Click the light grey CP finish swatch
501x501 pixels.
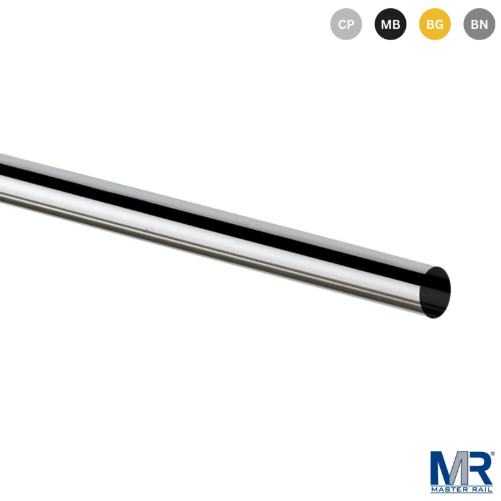tap(346, 25)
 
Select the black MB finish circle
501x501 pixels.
tap(390, 25)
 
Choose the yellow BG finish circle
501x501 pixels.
tap(435, 25)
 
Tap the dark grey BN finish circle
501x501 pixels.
tap(479, 25)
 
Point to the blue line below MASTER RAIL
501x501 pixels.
tap(462, 493)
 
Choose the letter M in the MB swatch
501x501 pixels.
tap(386, 25)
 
